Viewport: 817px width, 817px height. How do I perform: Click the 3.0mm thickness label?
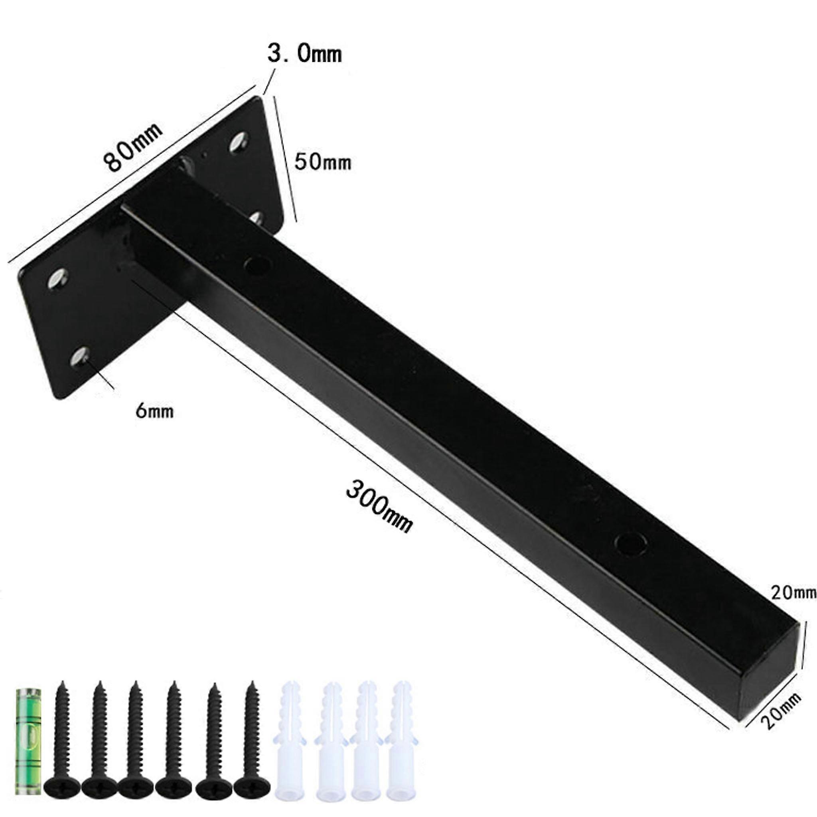(304, 54)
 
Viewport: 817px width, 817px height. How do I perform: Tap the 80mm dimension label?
(133, 147)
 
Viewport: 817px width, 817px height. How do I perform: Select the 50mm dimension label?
(323, 162)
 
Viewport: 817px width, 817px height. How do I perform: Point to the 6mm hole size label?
(154, 411)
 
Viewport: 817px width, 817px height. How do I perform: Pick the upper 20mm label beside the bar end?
(793, 593)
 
